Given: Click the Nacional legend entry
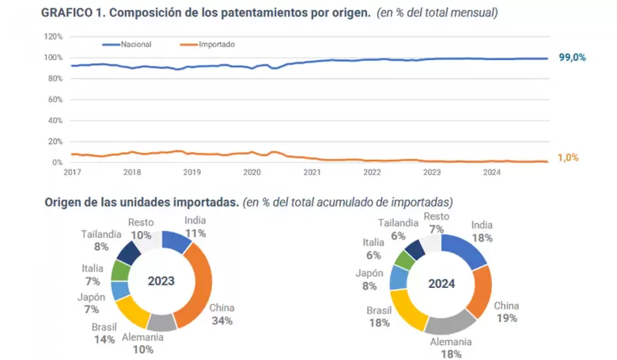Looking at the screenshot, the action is click(127, 44).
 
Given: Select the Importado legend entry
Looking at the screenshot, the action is click(207, 44).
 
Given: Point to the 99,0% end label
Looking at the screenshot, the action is click(572, 58).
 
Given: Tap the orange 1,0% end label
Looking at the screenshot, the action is click(568, 157).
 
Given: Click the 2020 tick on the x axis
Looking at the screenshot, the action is click(252, 172).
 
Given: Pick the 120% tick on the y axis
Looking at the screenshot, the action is click(54, 36).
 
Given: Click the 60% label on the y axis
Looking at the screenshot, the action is click(55, 100).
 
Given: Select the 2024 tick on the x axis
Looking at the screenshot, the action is click(492, 172).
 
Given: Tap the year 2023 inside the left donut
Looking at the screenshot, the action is click(161, 281).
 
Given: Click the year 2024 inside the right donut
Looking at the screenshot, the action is click(441, 284).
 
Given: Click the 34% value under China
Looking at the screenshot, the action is click(222, 320).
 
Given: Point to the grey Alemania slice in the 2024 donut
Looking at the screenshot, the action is click(452, 321).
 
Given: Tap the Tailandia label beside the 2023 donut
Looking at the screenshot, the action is click(101, 234).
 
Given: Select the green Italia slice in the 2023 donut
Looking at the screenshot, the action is click(121, 270).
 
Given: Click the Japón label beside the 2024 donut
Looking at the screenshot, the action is click(369, 273).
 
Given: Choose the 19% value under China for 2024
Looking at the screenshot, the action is click(506, 318).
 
